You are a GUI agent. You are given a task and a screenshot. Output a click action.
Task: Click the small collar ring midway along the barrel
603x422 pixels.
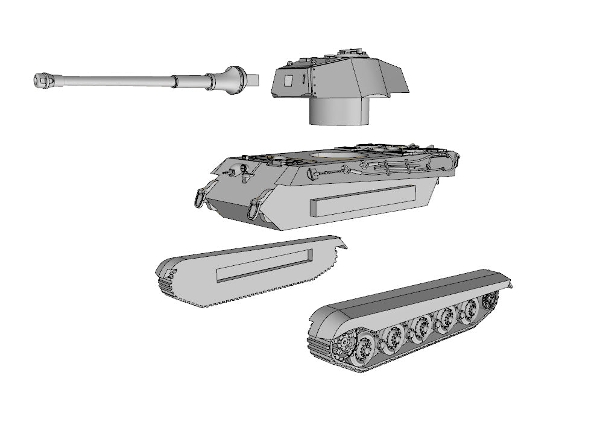tap(175, 80)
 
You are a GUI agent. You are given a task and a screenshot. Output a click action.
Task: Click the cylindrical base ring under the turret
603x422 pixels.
tap(338, 112)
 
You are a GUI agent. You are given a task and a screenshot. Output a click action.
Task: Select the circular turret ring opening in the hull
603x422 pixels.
tap(338, 157)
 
